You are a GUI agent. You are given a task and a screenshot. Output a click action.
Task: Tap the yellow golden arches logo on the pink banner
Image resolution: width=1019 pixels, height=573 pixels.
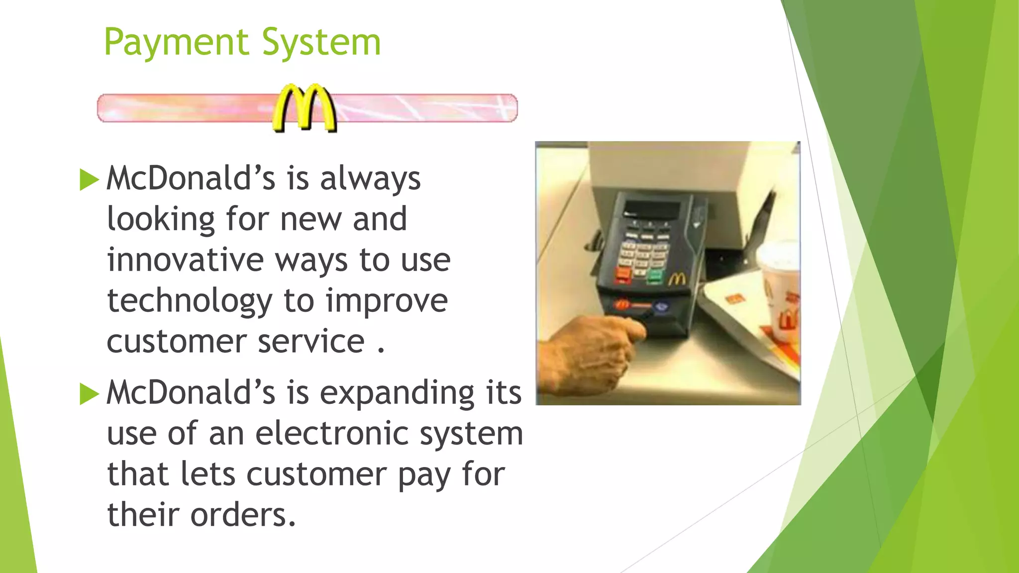[305, 108]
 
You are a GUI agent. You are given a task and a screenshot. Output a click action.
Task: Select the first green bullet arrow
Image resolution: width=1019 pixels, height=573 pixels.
[89, 180]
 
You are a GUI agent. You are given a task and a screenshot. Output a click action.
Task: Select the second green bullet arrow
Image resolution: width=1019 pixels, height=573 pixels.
[89, 394]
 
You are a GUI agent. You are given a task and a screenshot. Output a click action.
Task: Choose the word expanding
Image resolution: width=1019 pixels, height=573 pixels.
[397, 394]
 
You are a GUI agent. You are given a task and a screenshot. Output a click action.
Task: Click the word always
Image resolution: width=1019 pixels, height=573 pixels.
[370, 179]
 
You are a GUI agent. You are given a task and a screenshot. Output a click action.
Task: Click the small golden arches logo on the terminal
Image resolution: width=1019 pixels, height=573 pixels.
[677, 280]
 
